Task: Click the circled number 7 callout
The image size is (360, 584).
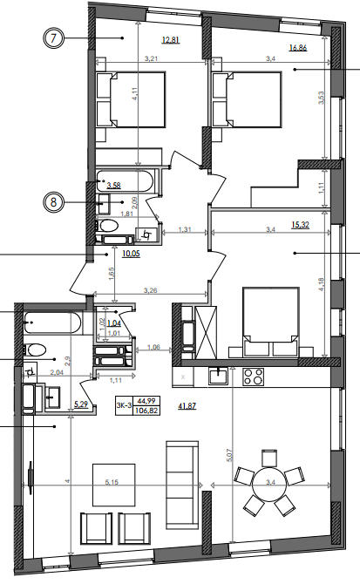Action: pos(54,38)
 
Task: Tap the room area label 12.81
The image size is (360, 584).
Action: pos(170,39)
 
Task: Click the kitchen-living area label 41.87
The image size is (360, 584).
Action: pos(188,406)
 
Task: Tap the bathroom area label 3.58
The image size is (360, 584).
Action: pos(113,185)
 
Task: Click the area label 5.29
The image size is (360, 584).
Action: pos(82,404)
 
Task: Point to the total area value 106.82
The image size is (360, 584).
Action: pos(146,410)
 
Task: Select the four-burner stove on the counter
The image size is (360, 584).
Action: pos(254,377)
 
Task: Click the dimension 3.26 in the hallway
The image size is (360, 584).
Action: pos(150,290)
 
